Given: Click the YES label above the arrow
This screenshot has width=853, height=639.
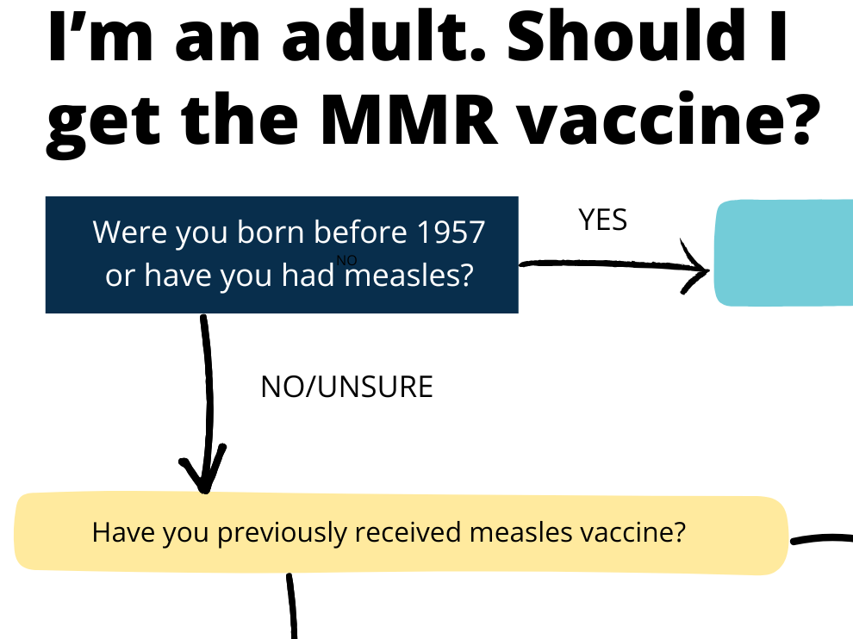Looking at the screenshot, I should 603,221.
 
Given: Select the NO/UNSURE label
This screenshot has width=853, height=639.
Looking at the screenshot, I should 346,388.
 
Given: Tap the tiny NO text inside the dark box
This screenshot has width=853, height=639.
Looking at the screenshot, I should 346,260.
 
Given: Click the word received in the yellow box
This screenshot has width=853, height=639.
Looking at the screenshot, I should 408,533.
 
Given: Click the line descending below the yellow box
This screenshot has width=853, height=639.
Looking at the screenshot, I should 292,607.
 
